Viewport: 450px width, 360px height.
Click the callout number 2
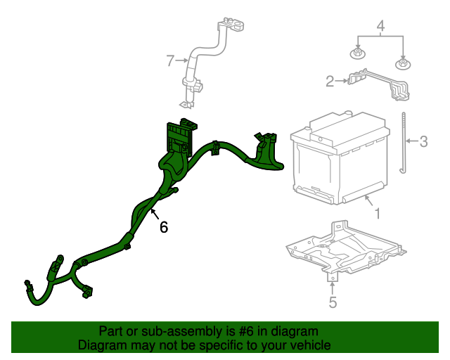pos(330,82)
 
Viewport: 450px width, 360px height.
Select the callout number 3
pos(423,142)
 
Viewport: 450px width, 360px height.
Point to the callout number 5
pos(333,303)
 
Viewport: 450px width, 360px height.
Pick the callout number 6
pos(164,226)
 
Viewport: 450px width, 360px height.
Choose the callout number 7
pos(169,61)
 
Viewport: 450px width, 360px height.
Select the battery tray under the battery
pos(345,250)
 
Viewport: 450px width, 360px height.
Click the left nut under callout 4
pos(358,53)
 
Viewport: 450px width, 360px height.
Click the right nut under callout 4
pos(404,65)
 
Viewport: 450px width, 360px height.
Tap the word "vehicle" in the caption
pos(309,346)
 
